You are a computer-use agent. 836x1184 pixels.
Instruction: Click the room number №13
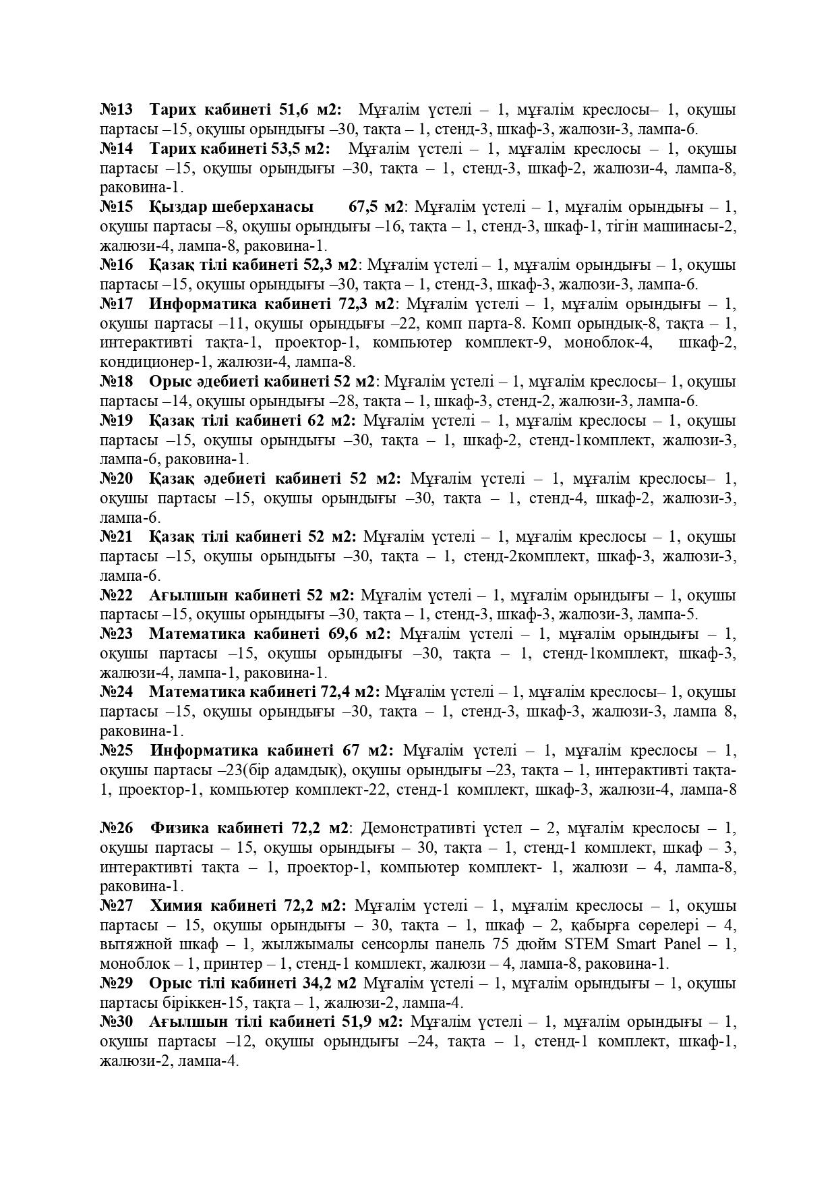coord(117,109)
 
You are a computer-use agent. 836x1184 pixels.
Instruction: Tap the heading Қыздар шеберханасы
coord(231,206)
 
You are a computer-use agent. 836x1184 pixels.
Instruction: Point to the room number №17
coord(117,304)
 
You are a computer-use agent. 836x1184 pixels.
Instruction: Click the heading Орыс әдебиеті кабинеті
coord(239,381)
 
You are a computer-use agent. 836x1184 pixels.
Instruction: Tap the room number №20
coord(117,479)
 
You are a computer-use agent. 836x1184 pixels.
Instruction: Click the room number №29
coord(117,984)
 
